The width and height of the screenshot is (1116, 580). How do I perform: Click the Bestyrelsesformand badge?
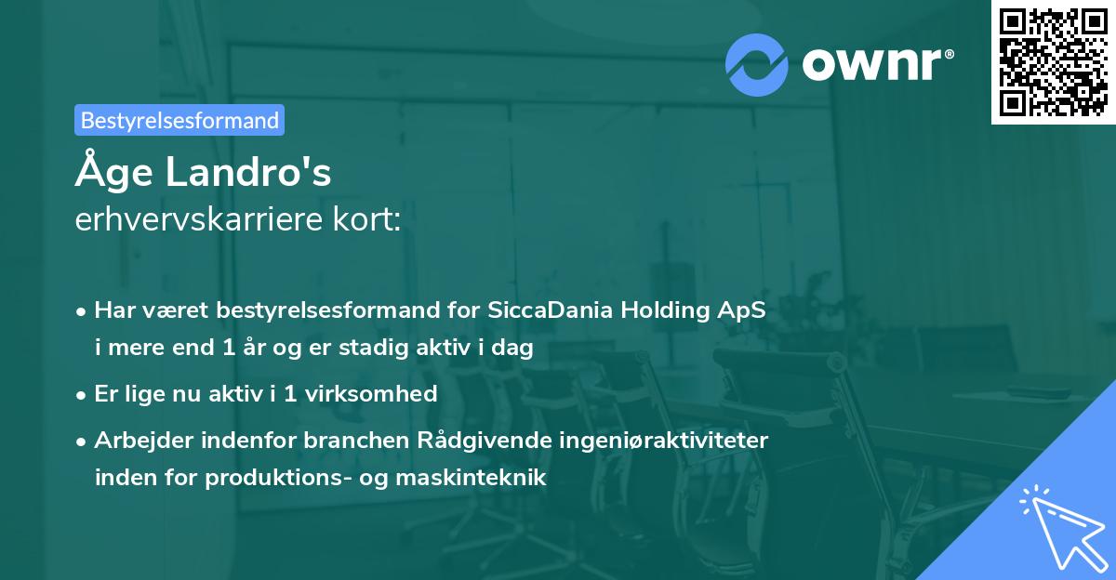[179, 120]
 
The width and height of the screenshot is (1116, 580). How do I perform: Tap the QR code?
[1053, 61]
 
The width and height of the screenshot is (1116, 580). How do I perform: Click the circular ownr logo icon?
[757, 65]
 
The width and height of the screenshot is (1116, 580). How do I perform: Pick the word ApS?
[741, 310]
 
